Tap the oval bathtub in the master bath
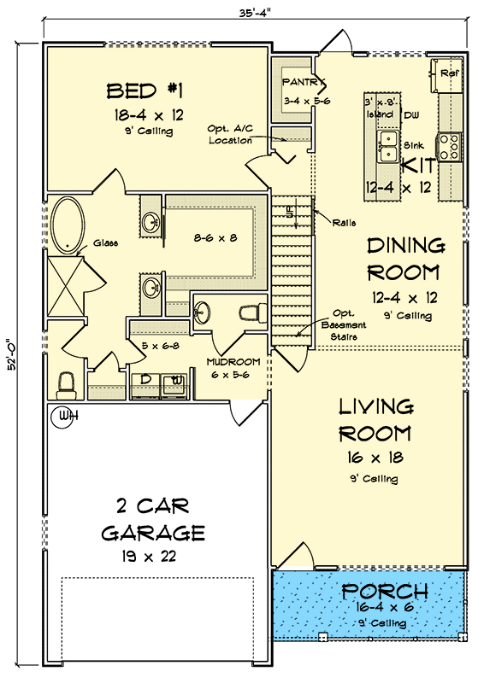68,225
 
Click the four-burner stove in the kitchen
451,147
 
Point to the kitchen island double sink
387,146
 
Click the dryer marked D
145,385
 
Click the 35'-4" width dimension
256,13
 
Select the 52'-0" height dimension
12,353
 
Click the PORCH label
385,592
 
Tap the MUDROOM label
233,362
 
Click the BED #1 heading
145,91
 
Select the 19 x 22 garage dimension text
149,557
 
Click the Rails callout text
344,223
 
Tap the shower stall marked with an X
65,286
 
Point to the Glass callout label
105,243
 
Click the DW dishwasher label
411,115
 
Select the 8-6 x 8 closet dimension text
215,238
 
